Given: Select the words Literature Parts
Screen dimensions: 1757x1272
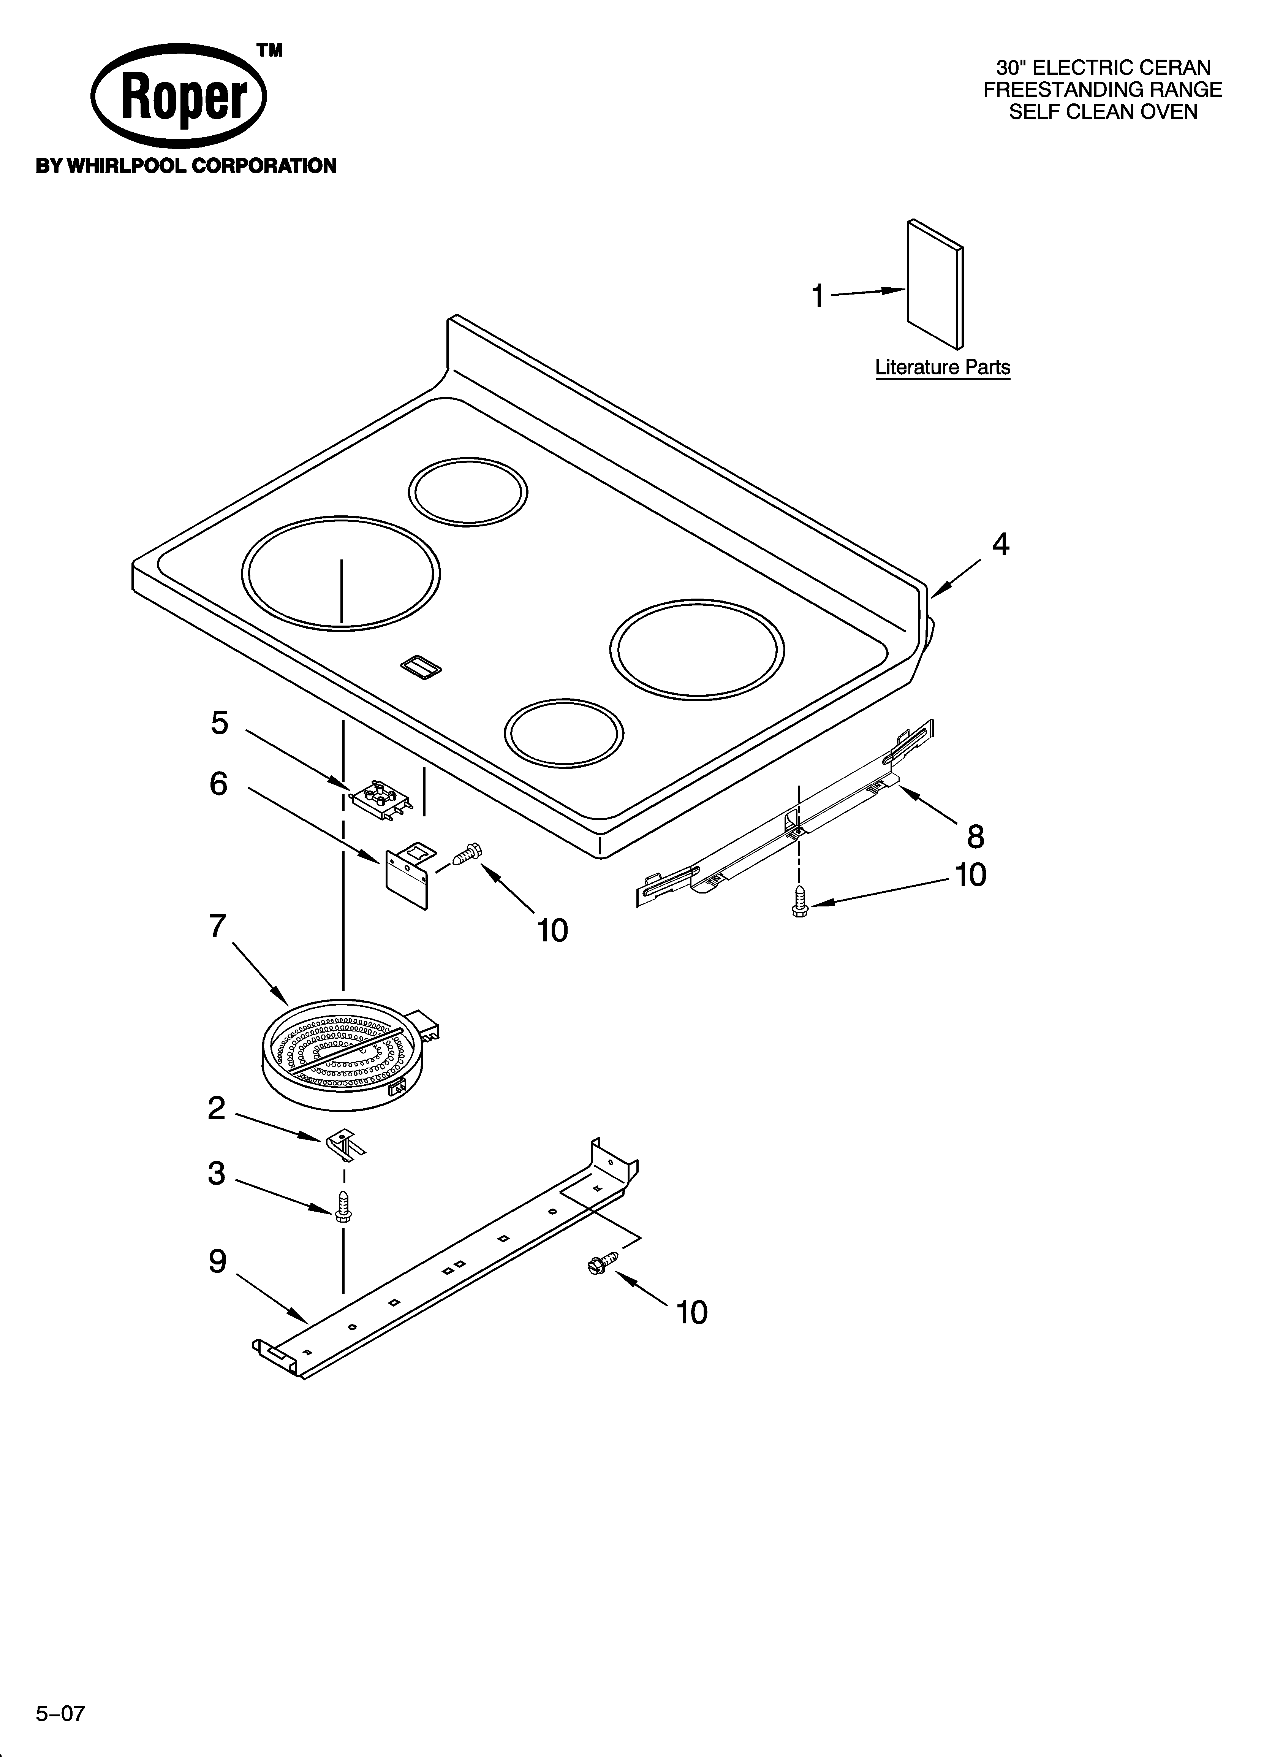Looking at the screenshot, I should [942, 367].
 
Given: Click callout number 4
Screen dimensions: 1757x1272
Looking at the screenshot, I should [1001, 545].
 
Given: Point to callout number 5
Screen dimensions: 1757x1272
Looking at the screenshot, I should [220, 723].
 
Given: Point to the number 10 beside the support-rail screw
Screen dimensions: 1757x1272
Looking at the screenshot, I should [692, 1312].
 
